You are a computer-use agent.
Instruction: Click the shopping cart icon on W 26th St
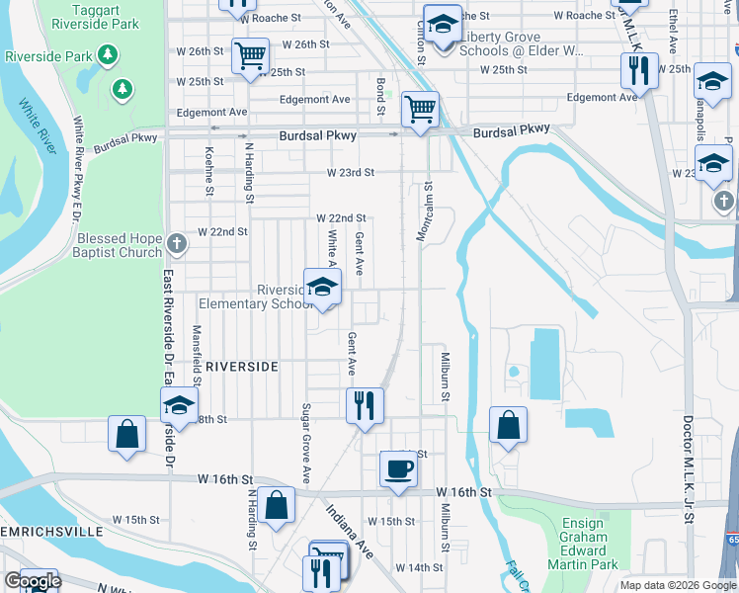click(251, 55)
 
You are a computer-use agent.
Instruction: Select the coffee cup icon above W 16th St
click(398, 468)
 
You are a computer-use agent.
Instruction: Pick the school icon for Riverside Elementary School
click(322, 288)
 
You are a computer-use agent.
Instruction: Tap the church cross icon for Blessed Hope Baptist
click(176, 242)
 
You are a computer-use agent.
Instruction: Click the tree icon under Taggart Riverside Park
click(123, 90)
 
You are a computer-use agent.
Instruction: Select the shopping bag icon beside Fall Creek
click(508, 426)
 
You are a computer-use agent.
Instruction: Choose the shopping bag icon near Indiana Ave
click(280, 504)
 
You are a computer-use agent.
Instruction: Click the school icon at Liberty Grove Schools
click(444, 26)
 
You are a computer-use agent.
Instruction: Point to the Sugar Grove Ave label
click(306, 443)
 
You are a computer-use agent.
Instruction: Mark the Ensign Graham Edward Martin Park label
click(583, 545)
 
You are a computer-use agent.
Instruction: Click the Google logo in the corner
click(33, 580)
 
